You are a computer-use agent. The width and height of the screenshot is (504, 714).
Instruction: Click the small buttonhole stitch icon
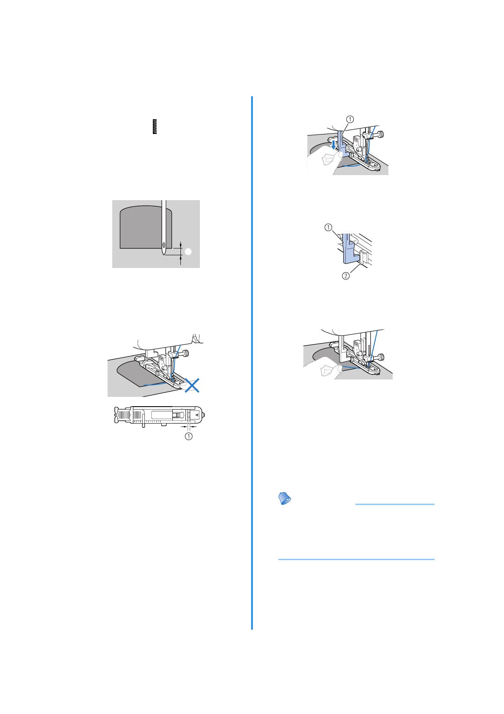[x=155, y=127]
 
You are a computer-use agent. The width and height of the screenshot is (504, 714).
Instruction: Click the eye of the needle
[x=163, y=245]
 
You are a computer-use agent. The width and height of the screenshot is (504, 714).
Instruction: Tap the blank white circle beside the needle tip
[x=188, y=252]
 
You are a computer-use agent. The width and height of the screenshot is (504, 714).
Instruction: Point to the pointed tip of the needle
[x=164, y=255]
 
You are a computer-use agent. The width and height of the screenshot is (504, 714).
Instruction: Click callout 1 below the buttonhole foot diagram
[x=188, y=436]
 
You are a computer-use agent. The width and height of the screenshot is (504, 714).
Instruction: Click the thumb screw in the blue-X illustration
[x=186, y=353]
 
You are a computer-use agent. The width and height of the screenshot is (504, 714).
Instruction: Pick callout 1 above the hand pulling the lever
[x=350, y=119]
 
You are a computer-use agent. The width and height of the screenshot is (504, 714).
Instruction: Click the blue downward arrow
[x=334, y=146]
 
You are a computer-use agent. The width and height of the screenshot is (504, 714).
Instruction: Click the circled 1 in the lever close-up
[x=328, y=227]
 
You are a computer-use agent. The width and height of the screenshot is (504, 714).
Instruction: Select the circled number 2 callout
[x=346, y=276]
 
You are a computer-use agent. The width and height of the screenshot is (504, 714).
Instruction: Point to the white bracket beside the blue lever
[x=362, y=257]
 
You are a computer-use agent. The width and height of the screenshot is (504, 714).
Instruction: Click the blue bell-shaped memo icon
[x=285, y=498]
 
